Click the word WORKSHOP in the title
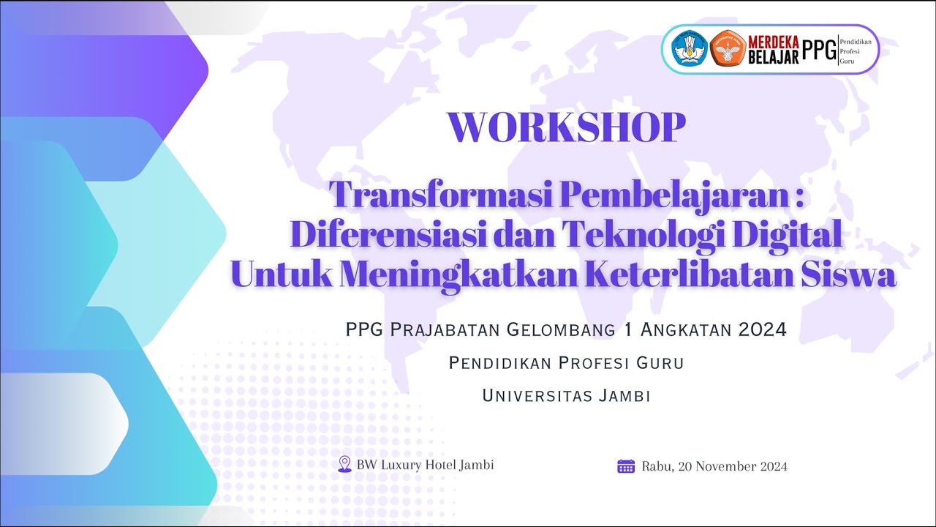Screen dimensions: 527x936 [x=567, y=127]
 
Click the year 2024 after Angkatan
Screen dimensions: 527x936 [x=762, y=330]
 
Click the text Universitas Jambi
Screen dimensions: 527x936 [x=566, y=396]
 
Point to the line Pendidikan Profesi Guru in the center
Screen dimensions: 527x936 [x=566, y=363]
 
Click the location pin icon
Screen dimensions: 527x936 [x=344, y=464]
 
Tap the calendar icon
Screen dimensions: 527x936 [x=626, y=466]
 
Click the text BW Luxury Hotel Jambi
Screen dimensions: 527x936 [x=425, y=465]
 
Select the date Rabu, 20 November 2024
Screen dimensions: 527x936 [x=714, y=466]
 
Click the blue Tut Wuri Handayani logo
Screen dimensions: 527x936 [x=689, y=49]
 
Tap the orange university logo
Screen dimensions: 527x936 [x=727, y=49]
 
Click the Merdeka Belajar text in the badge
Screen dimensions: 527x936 [x=772, y=49]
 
